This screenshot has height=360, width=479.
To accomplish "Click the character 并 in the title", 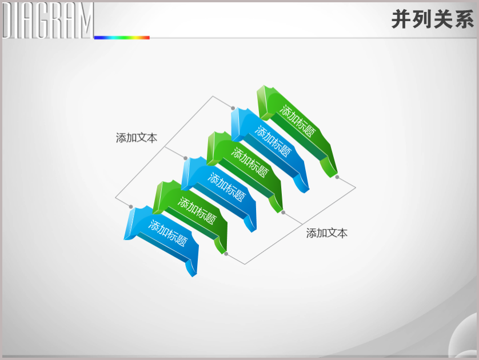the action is [401, 19].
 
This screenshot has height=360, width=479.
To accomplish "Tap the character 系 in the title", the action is [464, 19].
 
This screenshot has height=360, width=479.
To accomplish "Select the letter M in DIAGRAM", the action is [85, 21].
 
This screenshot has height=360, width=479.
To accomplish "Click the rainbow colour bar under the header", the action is [122, 38].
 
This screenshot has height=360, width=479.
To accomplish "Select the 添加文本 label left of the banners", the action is [137, 138].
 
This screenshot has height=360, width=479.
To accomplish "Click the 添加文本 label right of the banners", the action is [327, 233].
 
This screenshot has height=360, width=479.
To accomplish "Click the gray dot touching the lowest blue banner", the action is [131, 207].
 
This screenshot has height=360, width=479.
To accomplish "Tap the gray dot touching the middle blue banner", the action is [185, 158].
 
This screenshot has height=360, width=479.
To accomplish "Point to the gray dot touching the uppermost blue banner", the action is [233, 108].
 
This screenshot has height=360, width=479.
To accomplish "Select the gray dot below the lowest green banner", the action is [226, 254].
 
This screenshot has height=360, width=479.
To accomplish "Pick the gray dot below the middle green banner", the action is [283, 213].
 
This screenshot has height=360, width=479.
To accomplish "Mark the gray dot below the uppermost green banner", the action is [337, 177].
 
